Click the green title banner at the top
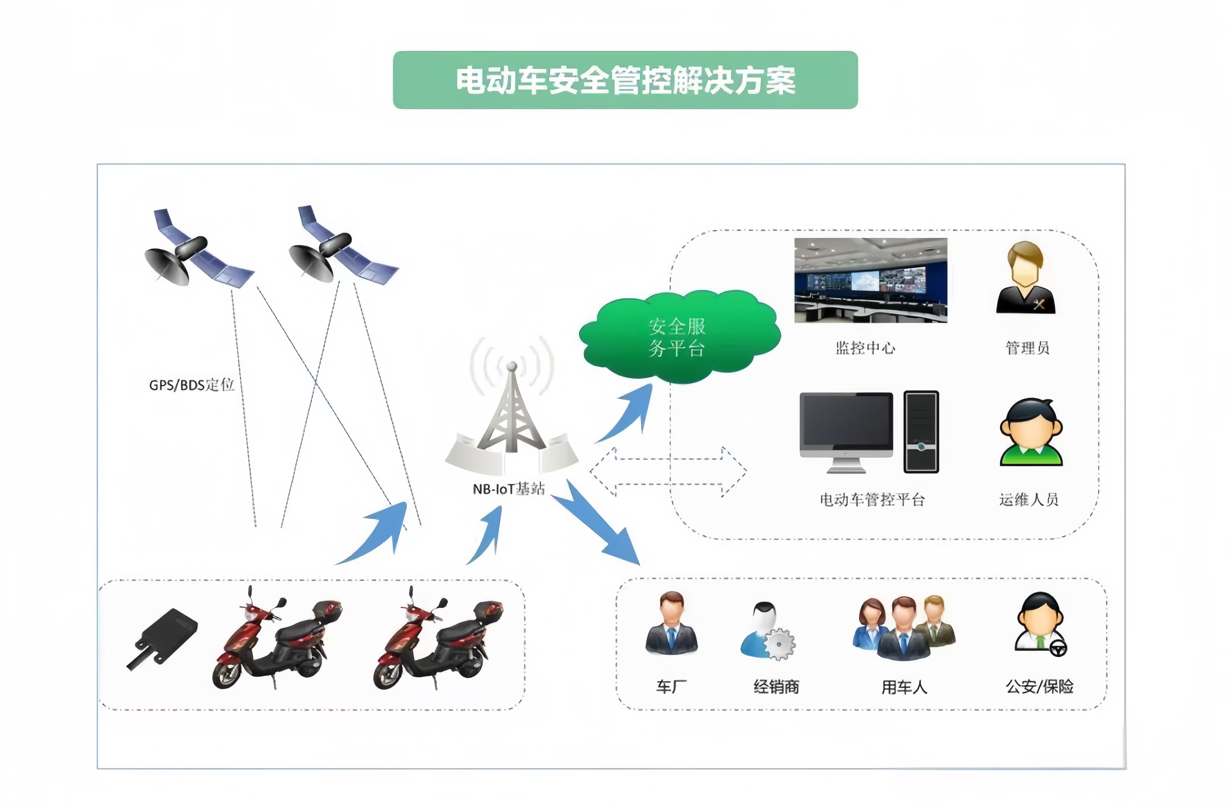pyautogui.click(x=625, y=80)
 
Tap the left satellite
pyautogui.click(x=196, y=250)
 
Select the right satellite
pyautogui.click(x=341, y=247)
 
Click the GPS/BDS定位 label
pyautogui.click(x=192, y=385)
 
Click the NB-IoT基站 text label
pyautogui.click(x=509, y=489)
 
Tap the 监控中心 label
pyautogui.click(x=865, y=348)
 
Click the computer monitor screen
pyautogui.click(x=846, y=420)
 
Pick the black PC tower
pyautogui.click(x=921, y=432)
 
